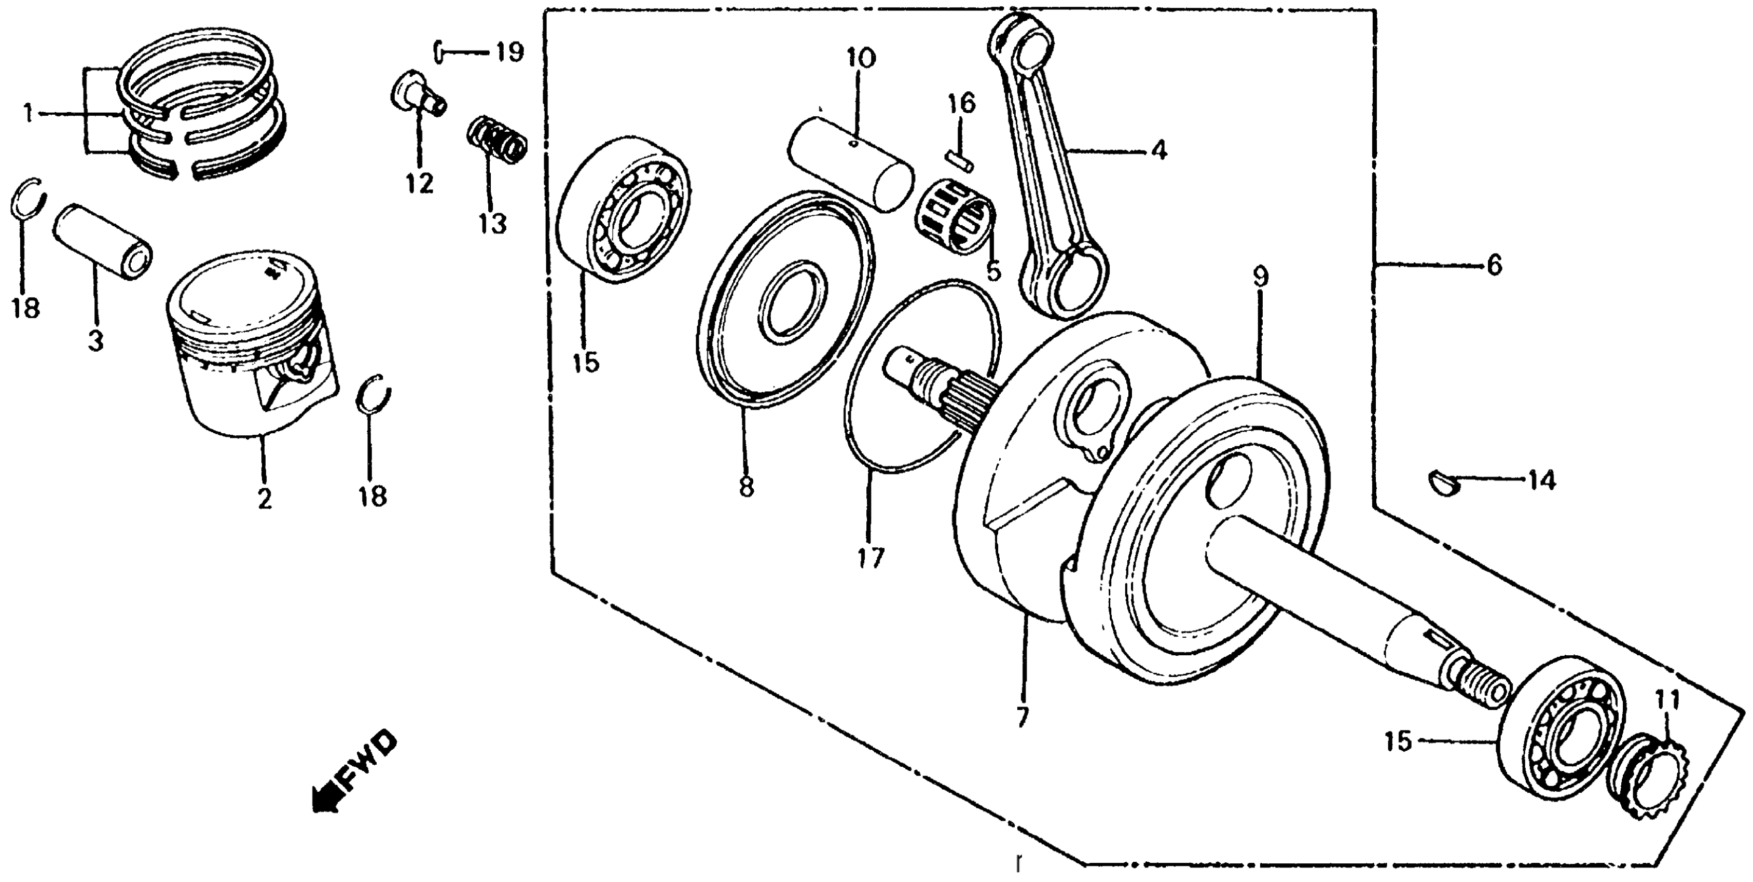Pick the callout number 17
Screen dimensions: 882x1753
point(871,558)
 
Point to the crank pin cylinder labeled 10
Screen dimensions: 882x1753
point(851,164)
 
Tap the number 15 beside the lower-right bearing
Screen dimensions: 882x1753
point(1399,741)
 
